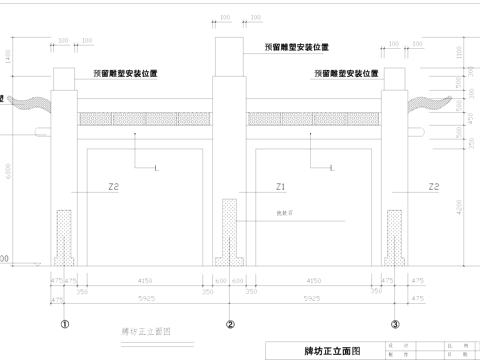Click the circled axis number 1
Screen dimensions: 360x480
tap(66, 324)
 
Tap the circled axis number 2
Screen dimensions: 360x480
tap(230, 324)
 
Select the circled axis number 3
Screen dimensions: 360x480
tap(395, 324)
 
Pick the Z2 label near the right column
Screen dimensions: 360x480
tap(433, 187)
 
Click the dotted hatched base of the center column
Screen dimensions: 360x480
tap(230, 232)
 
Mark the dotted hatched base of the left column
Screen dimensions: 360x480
tap(66, 238)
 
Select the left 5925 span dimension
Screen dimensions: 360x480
tap(148, 298)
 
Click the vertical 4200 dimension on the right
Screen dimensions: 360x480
tap(461, 208)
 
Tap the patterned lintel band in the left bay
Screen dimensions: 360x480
tap(148, 119)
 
